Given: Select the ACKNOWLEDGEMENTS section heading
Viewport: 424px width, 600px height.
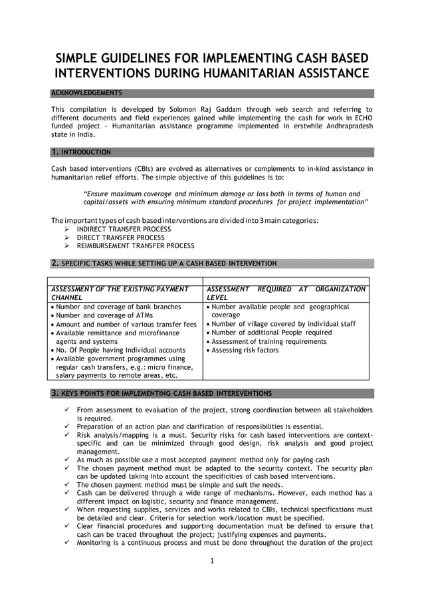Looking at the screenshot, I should pyautogui.click(x=86, y=93).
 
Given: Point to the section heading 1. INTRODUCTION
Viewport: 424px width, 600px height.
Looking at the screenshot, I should pyautogui.click(x=81, y=152).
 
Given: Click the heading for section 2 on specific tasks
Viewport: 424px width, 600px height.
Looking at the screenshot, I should pyautogui.click(x=163, y=263).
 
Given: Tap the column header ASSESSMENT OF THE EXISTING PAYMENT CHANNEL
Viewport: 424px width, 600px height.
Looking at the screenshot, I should pyautogui.click(x=120, y=293).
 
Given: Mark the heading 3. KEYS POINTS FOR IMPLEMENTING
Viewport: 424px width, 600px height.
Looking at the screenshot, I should pyautogui.click(x=161, y=393).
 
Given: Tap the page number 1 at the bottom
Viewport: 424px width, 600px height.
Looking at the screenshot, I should pyautogui.click(x=211, y=561).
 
